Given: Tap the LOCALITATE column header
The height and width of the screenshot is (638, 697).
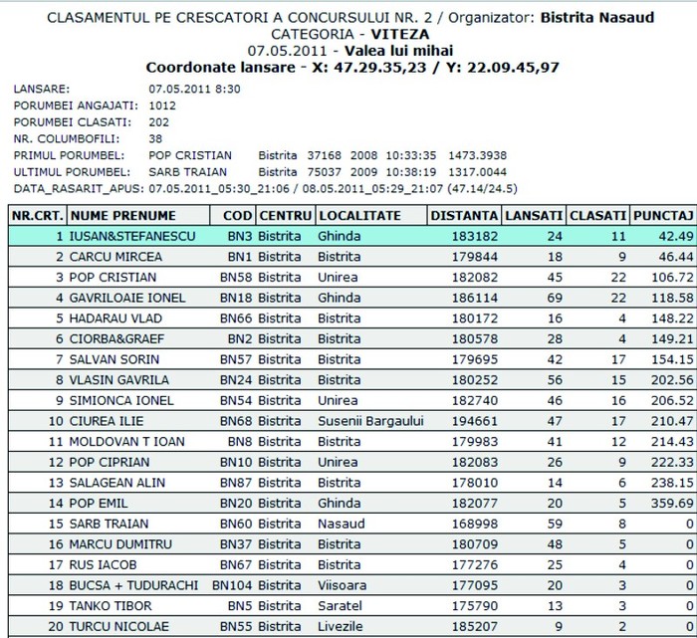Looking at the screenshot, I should pos(359,215).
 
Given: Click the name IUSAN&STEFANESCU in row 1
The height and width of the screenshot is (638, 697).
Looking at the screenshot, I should pos(132,236).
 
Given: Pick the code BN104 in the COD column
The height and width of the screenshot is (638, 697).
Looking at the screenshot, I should pos(233,583).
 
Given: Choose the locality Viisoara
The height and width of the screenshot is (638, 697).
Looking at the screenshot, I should pos(342,583).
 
